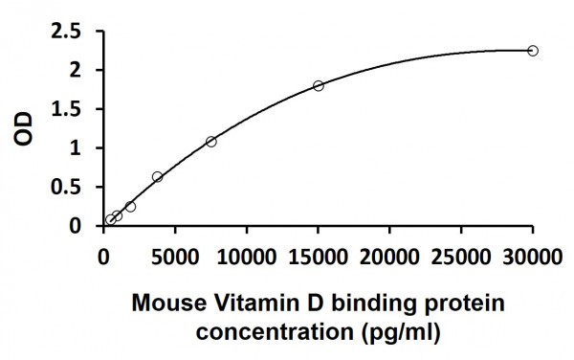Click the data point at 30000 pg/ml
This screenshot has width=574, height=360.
coord(533,51)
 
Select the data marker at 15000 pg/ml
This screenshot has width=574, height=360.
coord(319,85)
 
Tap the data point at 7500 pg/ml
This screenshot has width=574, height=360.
coord(211,142)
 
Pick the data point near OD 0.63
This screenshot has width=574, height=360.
coord(158,177)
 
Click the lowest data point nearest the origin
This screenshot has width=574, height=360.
coord(111,219)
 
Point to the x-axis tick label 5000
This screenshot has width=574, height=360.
coord(175,255)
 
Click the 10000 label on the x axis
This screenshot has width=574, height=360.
coord(247,255)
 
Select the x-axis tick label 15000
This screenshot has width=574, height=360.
coord(318,255)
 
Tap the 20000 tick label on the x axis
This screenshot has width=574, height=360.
coord(389,255)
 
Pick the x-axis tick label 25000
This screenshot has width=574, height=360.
coord(461,255)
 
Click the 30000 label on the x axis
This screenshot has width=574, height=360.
coord(532,255)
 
